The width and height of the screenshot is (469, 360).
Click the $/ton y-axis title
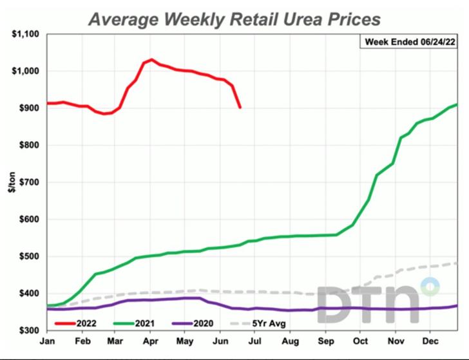coord(12,182)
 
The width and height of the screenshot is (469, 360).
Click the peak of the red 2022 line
coord(151,59)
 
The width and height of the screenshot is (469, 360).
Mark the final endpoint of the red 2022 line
coord(240,108)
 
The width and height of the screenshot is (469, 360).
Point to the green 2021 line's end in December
coord(457,104)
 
